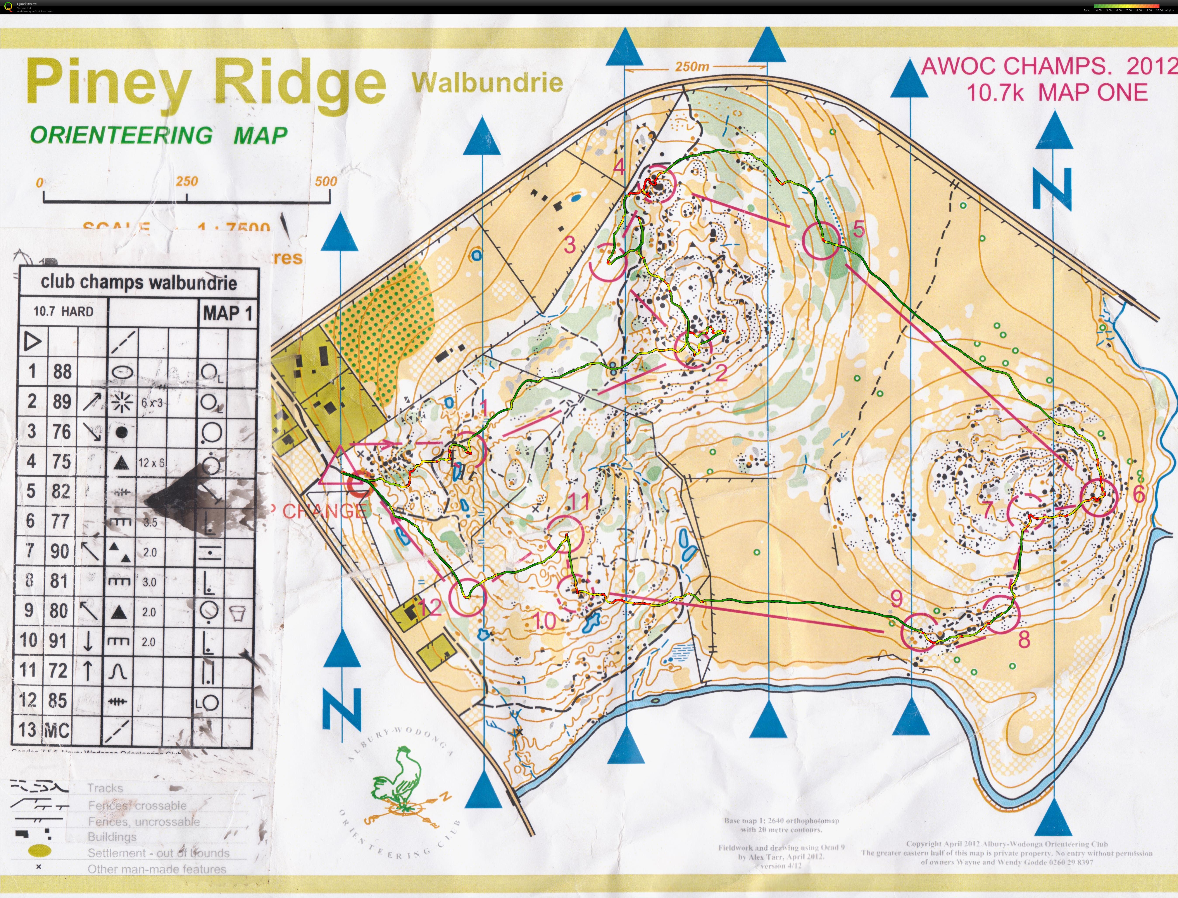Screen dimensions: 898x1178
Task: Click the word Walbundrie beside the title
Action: (487, 83)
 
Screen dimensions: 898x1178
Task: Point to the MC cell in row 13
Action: (56, 730)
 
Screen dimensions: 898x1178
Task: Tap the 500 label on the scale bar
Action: (326, 181)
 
